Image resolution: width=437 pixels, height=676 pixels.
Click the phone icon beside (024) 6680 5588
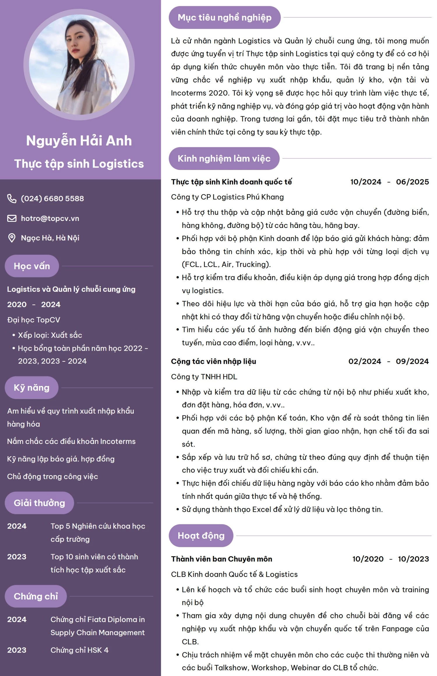click(12, 199)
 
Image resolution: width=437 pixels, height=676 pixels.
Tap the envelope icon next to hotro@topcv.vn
click(12, 218)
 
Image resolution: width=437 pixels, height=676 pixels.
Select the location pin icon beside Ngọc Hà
click(12, 238)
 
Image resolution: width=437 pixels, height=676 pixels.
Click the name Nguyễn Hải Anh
click(79, 141)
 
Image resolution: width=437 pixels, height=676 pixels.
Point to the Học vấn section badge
click(32, 266)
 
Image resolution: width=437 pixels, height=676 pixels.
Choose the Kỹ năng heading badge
click(31, 387)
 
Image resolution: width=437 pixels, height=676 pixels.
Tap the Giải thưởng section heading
click(39, 503)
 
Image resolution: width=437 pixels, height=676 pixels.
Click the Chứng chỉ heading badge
click(36, 596)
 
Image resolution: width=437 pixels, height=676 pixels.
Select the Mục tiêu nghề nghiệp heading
click(224, 17)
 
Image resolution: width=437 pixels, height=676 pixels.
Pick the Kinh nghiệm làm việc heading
click(224, 159)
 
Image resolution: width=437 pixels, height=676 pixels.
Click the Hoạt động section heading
click(201, 535)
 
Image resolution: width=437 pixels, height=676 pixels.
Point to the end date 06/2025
click(412, 182)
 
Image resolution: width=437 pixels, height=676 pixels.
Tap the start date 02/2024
click(365, 361)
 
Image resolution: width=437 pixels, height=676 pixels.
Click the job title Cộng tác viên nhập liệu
click(214, 361)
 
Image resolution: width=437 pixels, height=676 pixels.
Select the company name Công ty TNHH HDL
click(204, 377)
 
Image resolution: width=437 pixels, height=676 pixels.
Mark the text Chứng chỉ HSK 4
click(80, 650)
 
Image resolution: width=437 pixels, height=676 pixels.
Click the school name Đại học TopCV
click(34, 320)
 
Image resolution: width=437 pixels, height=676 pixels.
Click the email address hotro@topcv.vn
click(50, 218)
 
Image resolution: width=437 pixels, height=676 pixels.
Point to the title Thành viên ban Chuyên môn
click(222, 559)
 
